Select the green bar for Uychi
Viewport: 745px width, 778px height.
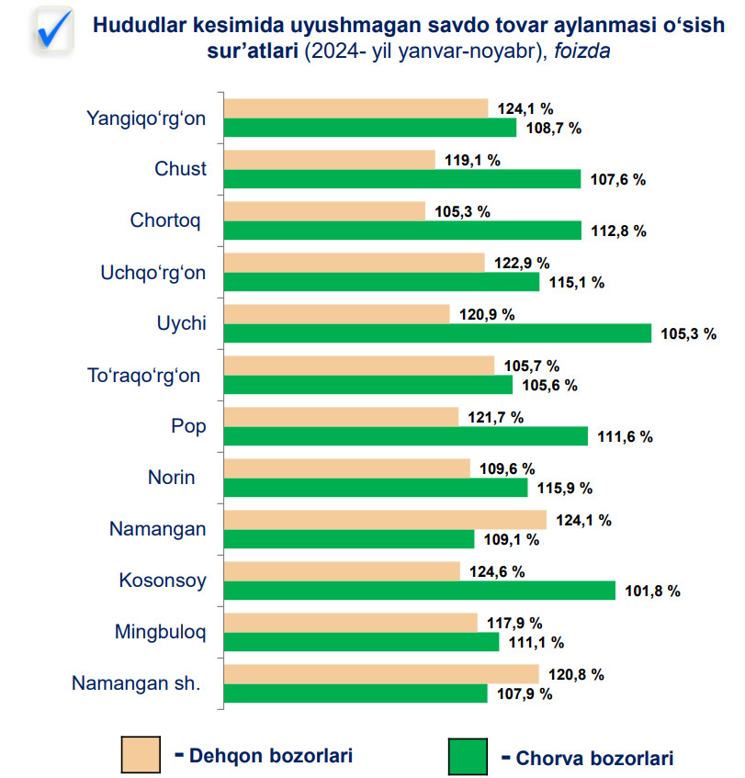(x=437, y=333)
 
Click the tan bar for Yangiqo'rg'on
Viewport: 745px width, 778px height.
(x=356, y=108)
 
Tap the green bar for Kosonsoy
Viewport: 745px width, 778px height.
(x=420, y=591)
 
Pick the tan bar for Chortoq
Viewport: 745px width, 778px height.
(x=325, y=211)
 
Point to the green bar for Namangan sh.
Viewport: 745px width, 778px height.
(x=356, y=693)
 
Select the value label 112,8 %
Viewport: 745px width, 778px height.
(x=618, y=231)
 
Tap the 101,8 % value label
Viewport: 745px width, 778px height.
(x=652, y=591)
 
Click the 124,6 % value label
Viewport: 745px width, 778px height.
(x=497, y=571)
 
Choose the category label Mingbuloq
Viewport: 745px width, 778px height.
(x=161, y=632)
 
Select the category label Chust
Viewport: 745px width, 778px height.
(x=181, y=169)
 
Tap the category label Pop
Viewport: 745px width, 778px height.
(x=188, y=426)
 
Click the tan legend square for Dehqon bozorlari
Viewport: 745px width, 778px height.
(x=141, y=755)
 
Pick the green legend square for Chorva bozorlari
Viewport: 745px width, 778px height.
(x=468, y=757)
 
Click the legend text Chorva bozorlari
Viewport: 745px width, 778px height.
(x=594, y=759)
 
